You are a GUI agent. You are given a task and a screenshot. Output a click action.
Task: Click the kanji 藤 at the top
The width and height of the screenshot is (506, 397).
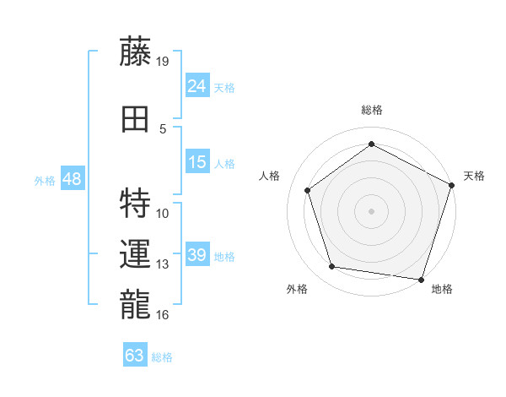click(135, 54)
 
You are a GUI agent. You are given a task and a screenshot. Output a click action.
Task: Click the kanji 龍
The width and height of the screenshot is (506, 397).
click(135, 302)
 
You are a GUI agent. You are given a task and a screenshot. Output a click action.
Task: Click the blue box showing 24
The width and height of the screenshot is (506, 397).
click(197, 85)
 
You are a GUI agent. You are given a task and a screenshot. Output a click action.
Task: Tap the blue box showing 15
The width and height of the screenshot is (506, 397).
click(197, 162)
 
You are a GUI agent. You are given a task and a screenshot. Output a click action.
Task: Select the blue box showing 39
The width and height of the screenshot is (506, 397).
click(197, 255)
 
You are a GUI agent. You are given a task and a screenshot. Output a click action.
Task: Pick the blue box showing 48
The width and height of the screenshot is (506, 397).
click(73, 179)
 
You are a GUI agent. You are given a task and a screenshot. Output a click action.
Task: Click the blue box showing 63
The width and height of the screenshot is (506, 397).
click(135, 355)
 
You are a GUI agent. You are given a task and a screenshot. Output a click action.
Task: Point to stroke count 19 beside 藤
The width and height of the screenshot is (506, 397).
click(163, 61)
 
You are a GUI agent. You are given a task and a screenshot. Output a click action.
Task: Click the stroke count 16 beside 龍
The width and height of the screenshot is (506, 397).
click(163, 315)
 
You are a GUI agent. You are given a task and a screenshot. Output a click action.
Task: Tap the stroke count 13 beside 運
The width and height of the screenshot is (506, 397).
click(163, 264)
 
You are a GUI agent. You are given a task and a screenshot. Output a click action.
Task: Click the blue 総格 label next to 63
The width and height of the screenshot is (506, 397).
click(162, 357)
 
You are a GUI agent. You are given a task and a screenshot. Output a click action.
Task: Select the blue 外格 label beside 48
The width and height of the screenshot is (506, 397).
click(45, 181)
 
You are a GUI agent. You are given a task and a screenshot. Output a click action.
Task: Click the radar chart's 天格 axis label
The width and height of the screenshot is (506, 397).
click(474, 176)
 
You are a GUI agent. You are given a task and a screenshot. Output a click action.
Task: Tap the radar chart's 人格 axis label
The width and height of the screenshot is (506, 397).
click(270, 176)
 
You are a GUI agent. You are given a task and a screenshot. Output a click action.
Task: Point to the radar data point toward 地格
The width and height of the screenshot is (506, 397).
click(422, 279)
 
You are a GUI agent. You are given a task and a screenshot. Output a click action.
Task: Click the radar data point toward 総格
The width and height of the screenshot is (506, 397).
click(372, 144)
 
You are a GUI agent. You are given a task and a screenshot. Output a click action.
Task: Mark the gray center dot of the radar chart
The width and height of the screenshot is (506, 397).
click(372, 210)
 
